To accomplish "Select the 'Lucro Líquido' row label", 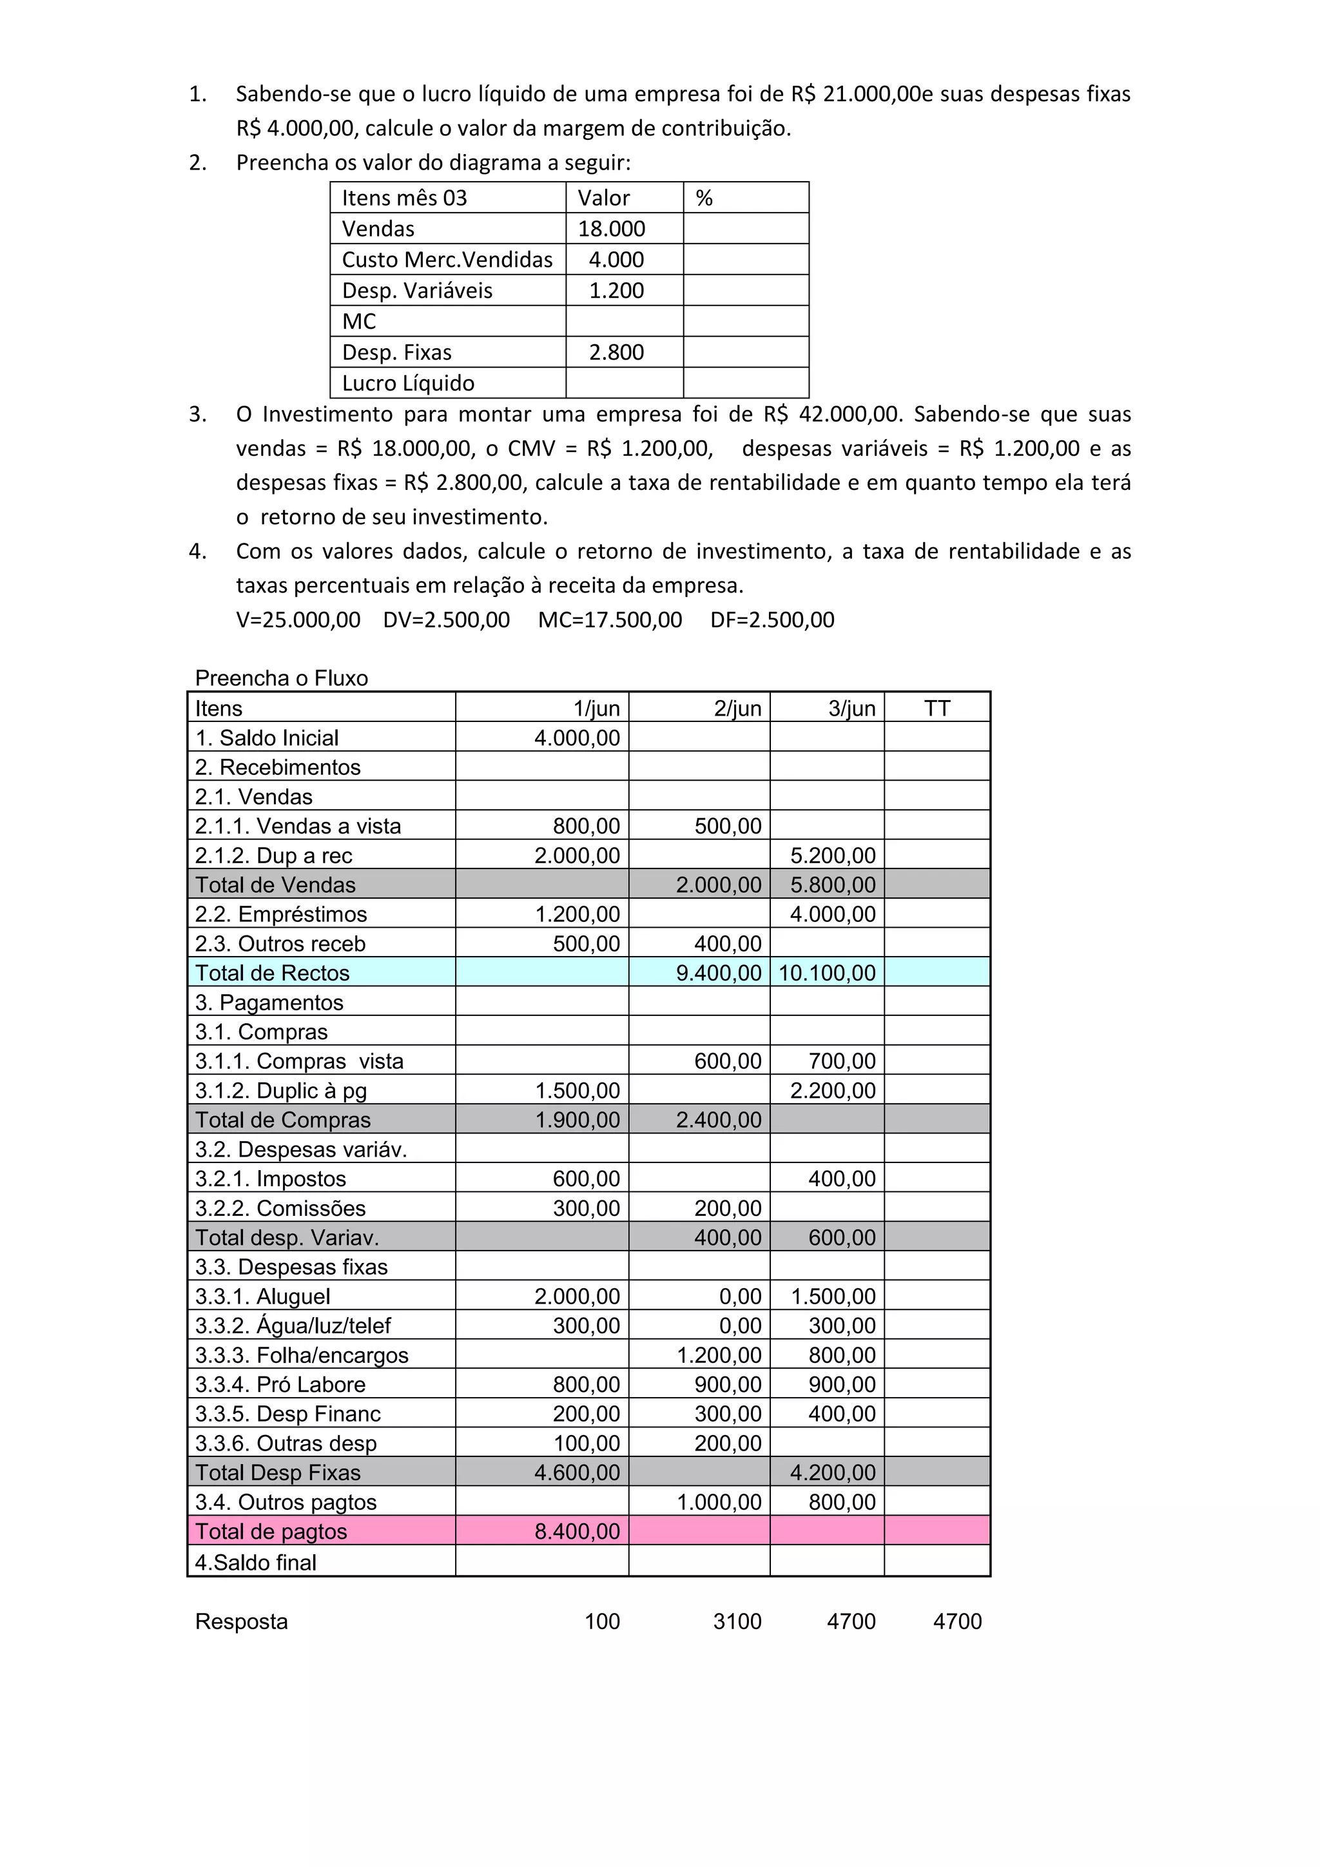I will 408,383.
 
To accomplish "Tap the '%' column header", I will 704,198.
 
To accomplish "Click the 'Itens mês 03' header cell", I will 404,198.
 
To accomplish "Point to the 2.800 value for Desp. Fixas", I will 616,352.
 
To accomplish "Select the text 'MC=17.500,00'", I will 610,620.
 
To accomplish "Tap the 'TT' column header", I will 937,709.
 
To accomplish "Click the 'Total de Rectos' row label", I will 272,973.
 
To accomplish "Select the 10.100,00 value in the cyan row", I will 828,973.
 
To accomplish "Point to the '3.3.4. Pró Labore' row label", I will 280,1384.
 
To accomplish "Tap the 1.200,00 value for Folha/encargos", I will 719,1354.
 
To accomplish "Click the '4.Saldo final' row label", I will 256,1562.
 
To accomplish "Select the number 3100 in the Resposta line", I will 737,1621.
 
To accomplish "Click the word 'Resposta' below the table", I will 242,1621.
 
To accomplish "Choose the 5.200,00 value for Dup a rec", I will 833,855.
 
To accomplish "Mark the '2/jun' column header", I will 738,709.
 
